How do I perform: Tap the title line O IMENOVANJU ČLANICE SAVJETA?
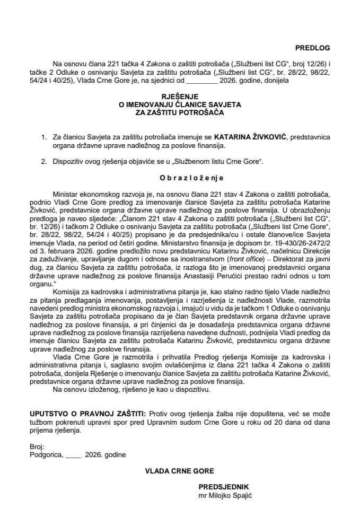(180, 105)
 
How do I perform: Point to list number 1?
(43, 137)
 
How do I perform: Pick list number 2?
(43, 160)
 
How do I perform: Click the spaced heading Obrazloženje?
(180, 178)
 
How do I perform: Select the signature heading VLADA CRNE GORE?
(179, 469)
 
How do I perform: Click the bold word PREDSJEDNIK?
(223, 486)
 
